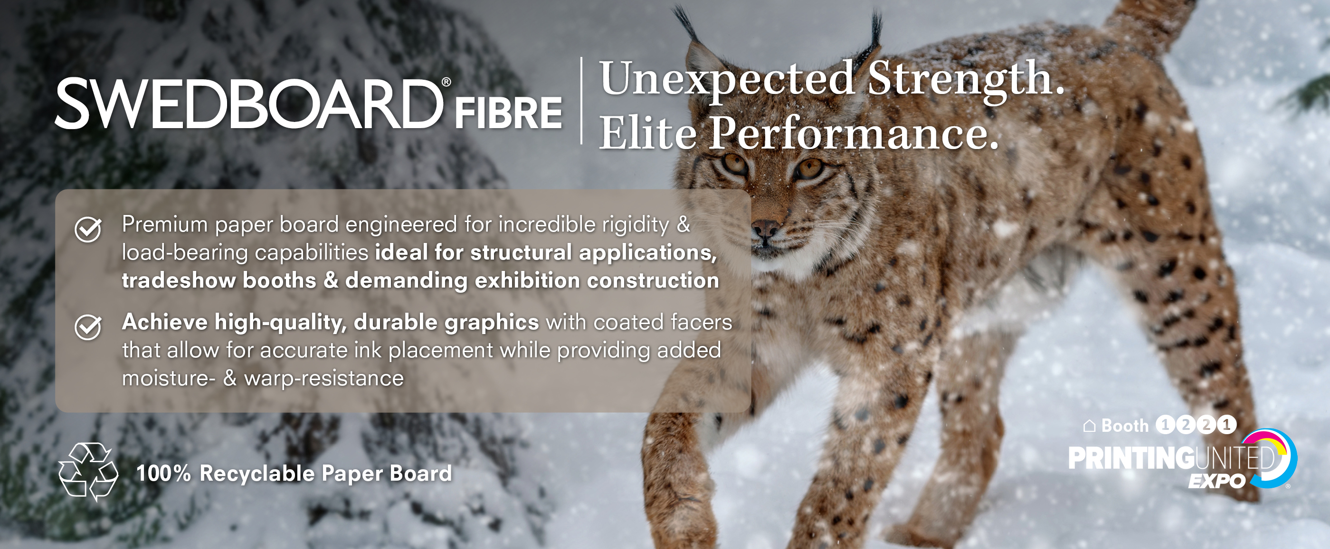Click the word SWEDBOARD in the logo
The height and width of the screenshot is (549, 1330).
click(x=249, y=104)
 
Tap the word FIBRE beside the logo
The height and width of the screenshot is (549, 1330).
click(x=508, y=113)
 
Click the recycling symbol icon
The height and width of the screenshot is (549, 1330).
click(x=88, y=472)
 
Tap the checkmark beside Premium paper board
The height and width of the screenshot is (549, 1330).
click(x=88, y=229)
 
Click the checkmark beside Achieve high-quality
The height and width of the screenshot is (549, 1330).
click(x=88, y=327)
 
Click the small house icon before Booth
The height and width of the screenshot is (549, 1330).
click(x=1089, y=426)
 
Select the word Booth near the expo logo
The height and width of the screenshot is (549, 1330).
click(x=1124, y=426)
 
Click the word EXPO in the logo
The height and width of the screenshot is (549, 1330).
click(x=1217, y=481)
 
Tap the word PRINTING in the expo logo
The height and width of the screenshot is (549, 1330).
click(x=1130, y=458)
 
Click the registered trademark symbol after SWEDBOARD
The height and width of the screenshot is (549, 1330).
click(x=446, y=83)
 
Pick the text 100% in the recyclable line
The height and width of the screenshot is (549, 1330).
click(x=164, y=473)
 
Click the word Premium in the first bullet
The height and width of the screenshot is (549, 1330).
click(x=165, y=224)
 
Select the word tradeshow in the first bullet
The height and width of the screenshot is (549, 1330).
click(x=179, y=281)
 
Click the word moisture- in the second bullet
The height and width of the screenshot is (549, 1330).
click(x=169, y=378)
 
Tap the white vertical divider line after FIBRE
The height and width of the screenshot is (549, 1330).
click(x=581, y=101)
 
